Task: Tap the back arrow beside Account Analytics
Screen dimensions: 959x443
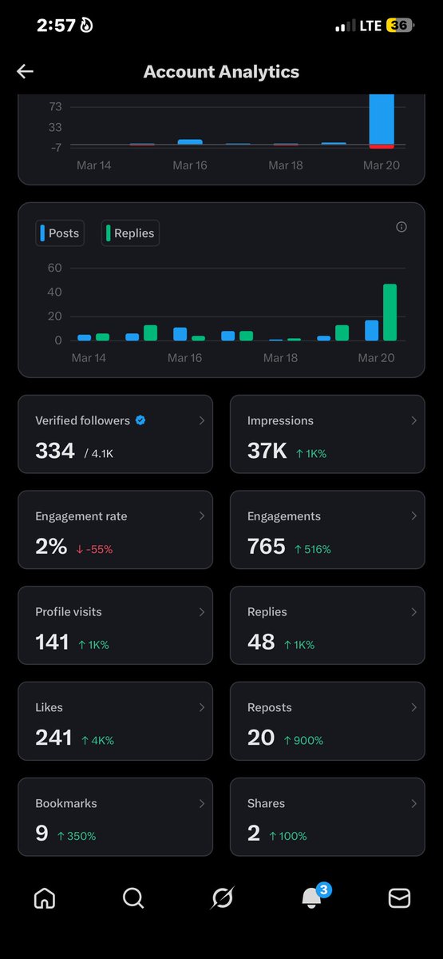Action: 26,72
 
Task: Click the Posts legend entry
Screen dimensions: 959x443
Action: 60,233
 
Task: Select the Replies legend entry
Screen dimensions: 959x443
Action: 131,233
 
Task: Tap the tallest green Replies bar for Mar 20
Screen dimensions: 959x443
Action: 390,312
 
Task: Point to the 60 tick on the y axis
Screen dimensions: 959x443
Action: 54,268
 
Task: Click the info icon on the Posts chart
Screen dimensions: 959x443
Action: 401,227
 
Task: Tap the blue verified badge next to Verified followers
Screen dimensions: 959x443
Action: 140,420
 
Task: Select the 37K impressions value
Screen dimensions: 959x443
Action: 267,451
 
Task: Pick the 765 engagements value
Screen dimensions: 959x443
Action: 266,547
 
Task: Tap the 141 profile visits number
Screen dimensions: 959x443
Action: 52,642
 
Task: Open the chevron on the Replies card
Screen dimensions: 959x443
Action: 413,612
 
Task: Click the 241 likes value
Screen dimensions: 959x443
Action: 53,738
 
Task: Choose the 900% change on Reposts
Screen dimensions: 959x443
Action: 303,741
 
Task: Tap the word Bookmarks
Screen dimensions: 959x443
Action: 61,803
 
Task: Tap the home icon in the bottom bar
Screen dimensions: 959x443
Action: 45,898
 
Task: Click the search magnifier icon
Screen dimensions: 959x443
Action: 133,898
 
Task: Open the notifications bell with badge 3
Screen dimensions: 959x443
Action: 312,898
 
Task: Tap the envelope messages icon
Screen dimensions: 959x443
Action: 399,898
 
